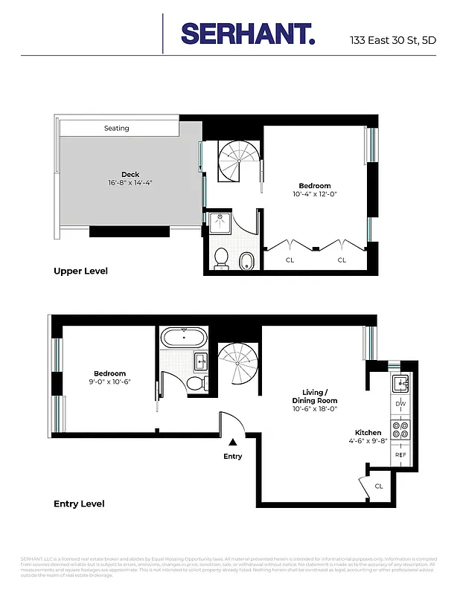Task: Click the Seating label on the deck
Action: coord(117,129)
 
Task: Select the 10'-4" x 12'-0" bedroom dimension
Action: coord(314,194)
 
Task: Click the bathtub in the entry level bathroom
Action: coord(184,338)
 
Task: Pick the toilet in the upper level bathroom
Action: coord(221,258)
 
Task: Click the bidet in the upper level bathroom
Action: coord(246,260)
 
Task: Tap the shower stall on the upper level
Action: coord(220,222)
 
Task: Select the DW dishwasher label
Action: coord(400,404)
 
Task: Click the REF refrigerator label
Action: coord(400,454)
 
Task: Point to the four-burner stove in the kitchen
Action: coord(400,429)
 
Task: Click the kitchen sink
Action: coord(400,384)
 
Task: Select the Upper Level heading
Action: coord(80,271)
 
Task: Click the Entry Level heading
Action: coord(79,504)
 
